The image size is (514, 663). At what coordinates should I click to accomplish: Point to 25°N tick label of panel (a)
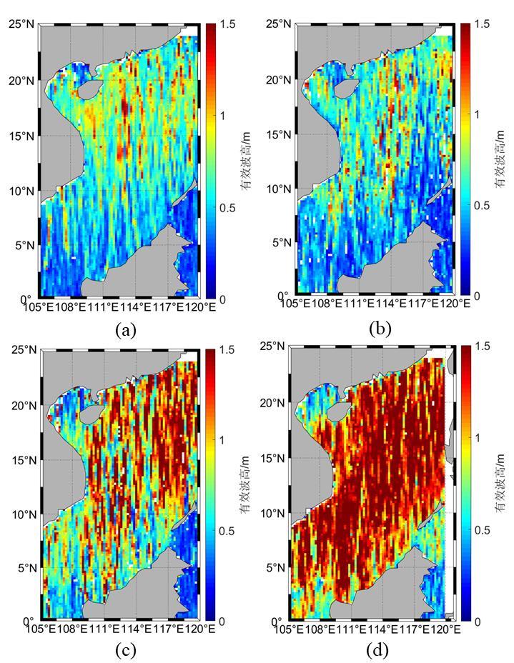pos(21,24)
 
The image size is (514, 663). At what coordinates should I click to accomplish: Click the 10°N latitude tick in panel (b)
pos(279,189)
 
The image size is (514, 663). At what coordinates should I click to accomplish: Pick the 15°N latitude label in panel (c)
pos(24,459)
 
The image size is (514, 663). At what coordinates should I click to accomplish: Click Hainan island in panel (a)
pos(89,90)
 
